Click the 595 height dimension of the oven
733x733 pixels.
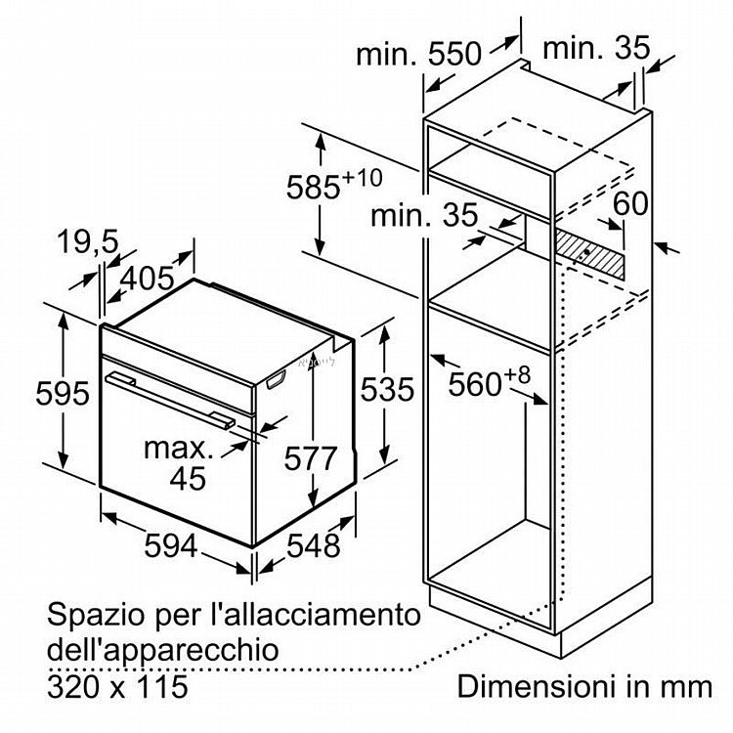coord(63,393)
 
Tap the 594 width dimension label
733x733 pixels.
coord(171,545)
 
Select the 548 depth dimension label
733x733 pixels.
coord(313,545)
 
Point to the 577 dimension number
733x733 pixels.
coord(311,458)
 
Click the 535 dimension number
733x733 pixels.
coord(387,389)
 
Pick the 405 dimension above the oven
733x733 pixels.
coord(148,279)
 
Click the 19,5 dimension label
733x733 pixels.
coord(88,242)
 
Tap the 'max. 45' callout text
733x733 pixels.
coord(179,463)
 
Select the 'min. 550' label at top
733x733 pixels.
coord(418,54)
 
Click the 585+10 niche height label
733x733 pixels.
coord(334,184)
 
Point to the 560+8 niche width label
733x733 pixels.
coord(490,381)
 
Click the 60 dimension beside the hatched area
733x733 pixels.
coord(630,203)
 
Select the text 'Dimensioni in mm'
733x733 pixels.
coord(584,687)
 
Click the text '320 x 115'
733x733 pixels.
coord(117,687)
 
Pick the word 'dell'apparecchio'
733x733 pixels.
coord(162,651)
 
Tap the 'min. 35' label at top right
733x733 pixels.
coord(596,48)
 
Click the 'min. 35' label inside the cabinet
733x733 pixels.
coord(424,215)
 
